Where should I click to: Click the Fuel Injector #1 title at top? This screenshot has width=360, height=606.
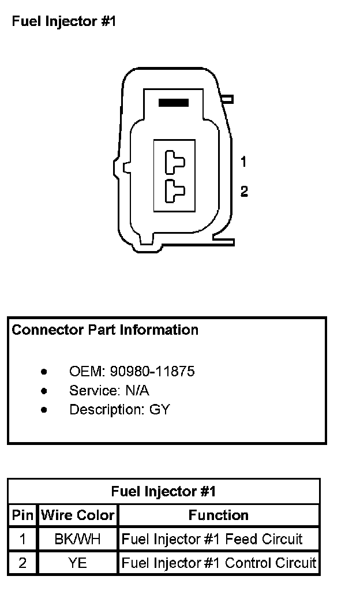tap(64, 22)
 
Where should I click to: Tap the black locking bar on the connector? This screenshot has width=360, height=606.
tap(174, 103)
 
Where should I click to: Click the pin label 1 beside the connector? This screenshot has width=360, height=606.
tap(243, 162)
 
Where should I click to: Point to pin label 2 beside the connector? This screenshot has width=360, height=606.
tap(244, 191)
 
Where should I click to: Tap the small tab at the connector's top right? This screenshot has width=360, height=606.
tap(227, 99)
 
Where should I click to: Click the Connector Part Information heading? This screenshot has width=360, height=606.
tap(105, 330)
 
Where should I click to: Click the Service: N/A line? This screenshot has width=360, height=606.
tap(109, 391)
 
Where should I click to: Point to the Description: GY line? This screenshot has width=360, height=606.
tap(119, 410)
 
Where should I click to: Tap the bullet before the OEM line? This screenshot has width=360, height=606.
tap(44, 371)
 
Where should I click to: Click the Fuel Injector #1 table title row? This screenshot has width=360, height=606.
tap(163, 492)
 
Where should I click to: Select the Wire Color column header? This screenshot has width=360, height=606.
tap(78, 515)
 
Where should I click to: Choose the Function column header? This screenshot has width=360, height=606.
tap(219, 515)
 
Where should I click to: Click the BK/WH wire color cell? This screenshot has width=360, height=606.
tap(77, 540)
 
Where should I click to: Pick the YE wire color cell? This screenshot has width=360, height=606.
tap(77, 563)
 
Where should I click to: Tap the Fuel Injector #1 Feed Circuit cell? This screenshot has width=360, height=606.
tap(212, 540)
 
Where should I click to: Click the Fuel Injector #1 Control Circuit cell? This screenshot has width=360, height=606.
tap(219, 563)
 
